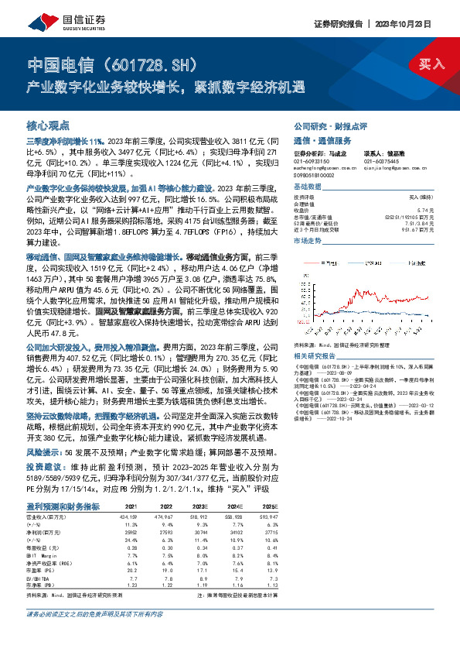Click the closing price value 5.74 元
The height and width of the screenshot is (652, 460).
422,210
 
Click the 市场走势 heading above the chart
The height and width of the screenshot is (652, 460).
308,241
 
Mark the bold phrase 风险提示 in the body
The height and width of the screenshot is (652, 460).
43,451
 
